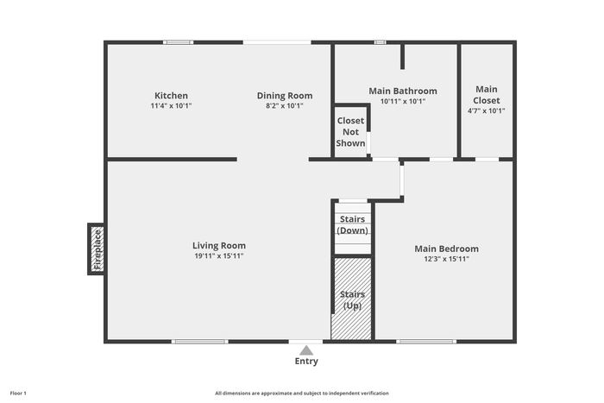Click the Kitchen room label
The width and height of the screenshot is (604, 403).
tap(171, 96)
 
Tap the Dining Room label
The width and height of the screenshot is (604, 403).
tap(285, 96)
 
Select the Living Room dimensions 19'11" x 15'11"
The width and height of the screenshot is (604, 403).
tap(219, 255)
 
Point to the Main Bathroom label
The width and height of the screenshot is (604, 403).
tap(403, 91)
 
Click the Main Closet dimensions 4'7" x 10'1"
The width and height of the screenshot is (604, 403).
tap(486, 111)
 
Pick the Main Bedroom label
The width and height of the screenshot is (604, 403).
tap(446, 249)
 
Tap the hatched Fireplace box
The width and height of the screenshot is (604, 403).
tap(98, 249)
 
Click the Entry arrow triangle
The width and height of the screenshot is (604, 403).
tap(306, 350)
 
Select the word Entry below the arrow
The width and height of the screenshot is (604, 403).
tap(306, 362)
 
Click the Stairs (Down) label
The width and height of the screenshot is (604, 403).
tap(352, 224)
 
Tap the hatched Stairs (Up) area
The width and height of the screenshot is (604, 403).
tap(352, 299)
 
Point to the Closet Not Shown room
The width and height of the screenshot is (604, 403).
tap(350, 132)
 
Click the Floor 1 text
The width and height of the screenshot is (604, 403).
tap(18, 394)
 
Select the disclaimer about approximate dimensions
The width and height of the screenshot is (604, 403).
tap(302, 394)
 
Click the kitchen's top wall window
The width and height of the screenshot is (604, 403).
tap(178, 42)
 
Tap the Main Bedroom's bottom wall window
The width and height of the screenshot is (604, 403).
tap(426, 342)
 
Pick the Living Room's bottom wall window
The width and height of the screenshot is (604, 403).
tap(200, 342)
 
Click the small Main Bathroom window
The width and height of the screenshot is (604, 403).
tap(381, 42)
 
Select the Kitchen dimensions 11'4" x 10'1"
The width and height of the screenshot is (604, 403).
tap(171, 106)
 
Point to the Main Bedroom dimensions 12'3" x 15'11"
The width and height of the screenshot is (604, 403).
tap(446, 259)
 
